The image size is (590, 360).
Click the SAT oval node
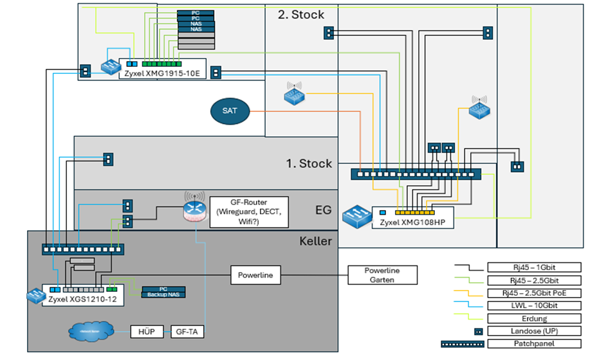click(230, 111)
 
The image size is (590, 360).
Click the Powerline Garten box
click(382, 275)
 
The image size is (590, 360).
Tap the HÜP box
click(143, 332)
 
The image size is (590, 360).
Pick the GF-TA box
click(189, 332)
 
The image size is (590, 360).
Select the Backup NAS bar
click(163, 294)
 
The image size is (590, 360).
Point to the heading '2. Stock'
click(300, 14)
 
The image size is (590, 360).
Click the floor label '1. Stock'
click(309, 163)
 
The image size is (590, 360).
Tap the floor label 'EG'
click(323, 210)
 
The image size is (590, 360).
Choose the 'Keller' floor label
click(315, 242)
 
